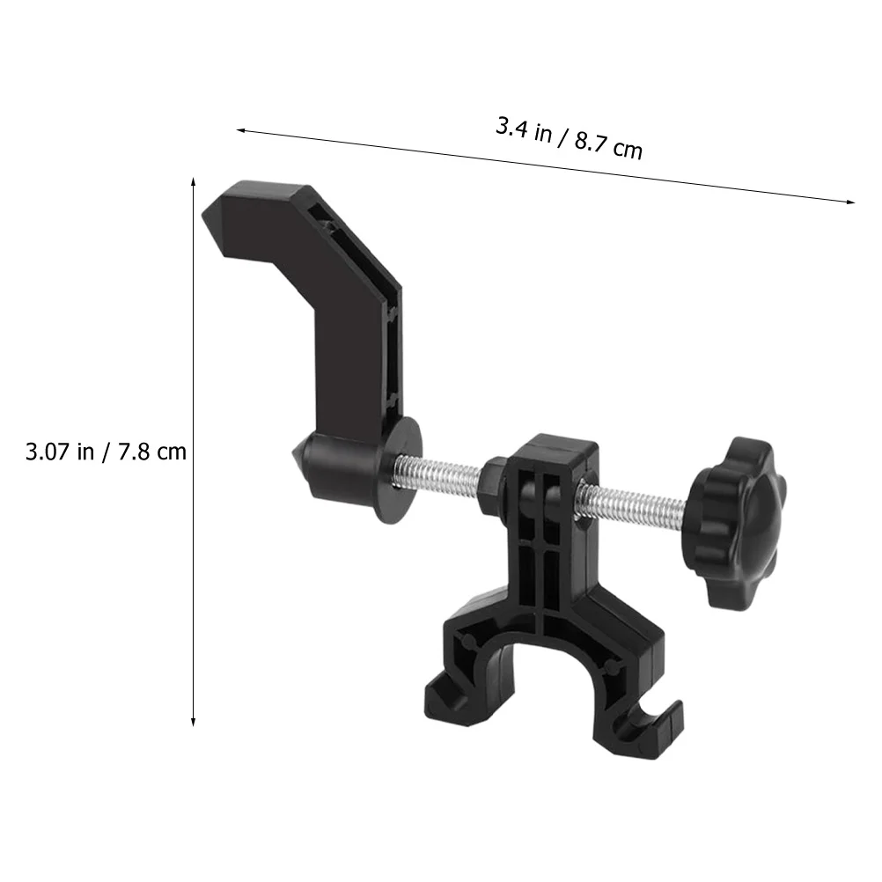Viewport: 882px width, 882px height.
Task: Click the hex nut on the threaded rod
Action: pos(491,483)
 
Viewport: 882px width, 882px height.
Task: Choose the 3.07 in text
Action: pos(60,452)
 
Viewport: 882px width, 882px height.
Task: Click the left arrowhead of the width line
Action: pos(239,130)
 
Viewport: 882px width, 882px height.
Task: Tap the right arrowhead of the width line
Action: pos(851,202)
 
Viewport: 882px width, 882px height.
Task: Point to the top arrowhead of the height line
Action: pos(193,180)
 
